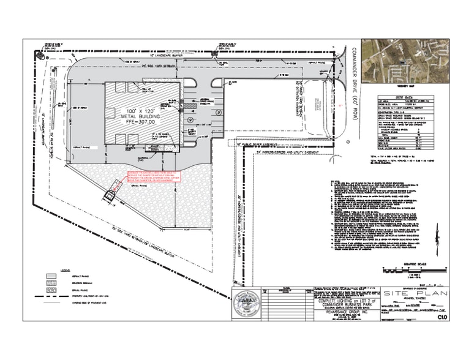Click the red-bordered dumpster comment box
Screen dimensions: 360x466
[155, 177]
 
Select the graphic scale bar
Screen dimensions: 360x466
[404, 269]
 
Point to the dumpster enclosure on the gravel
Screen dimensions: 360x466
[111, 194]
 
